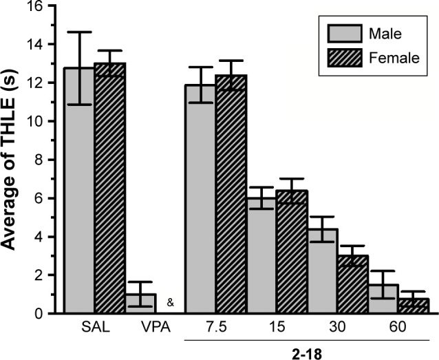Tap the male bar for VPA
[x=140, y=304]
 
